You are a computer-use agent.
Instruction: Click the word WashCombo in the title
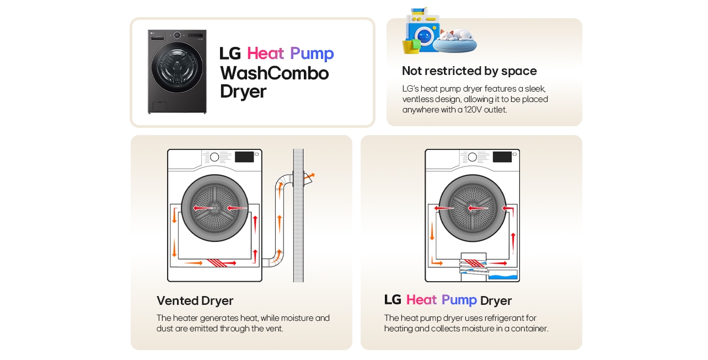point(274,73)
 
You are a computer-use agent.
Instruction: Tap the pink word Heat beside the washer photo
point(265,53)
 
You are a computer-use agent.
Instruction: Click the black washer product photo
point(177,72)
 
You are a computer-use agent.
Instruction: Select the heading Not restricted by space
point(469,71)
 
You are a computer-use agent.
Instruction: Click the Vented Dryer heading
point(195,300)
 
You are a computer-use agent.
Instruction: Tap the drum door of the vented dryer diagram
point(214,208)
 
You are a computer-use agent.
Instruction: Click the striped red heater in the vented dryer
point(221,263)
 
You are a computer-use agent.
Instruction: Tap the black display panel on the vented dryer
point(244,157)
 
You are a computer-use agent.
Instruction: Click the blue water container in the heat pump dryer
point(503,276)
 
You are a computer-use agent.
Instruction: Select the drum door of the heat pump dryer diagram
point(472,208)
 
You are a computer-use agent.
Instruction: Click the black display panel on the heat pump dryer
point(502,157)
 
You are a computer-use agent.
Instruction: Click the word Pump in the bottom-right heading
point(459,300)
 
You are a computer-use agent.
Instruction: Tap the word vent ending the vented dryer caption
point(273,329)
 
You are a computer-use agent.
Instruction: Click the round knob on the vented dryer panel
point(214,157)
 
